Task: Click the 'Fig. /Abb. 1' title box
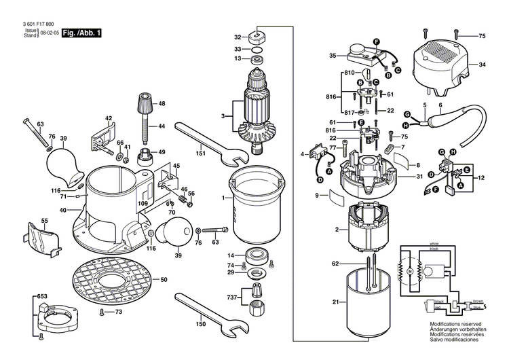point(81,32)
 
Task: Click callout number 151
point(200,154)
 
